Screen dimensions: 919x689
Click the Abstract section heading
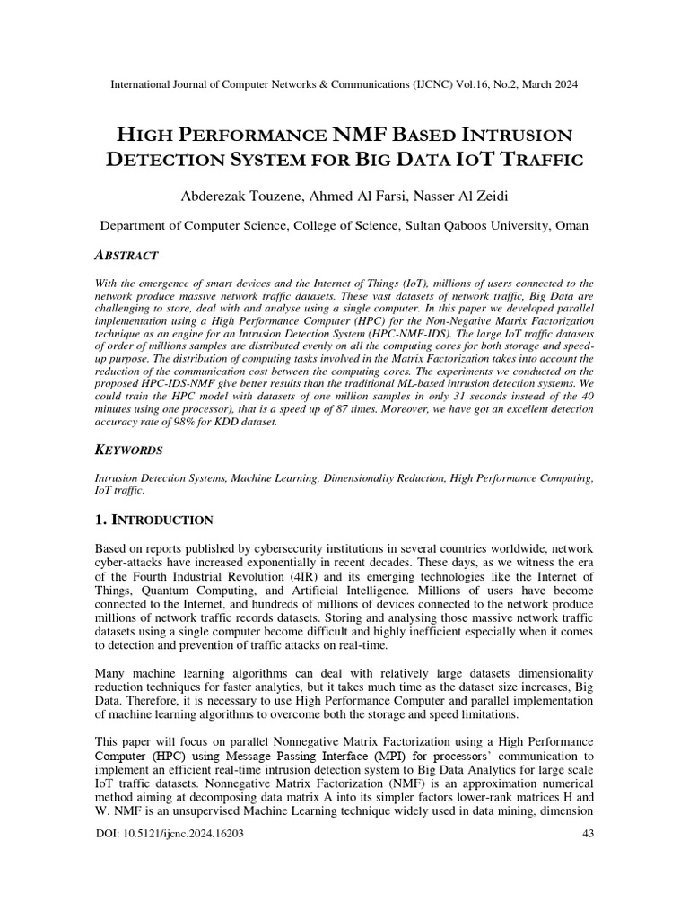(126, 255)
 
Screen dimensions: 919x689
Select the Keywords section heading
(130, 451)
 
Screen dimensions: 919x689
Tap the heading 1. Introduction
(153, 520)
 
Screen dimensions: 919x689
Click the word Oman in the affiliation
(571, 226)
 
